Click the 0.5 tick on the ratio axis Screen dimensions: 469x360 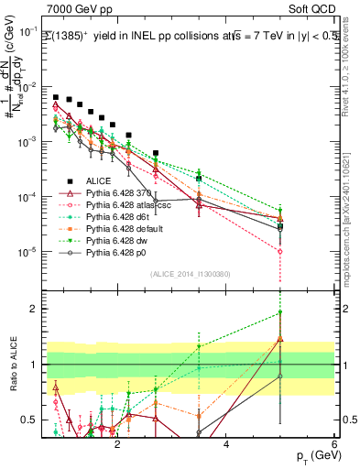point(32,420)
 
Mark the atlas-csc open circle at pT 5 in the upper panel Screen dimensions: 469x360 point(280,251)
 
